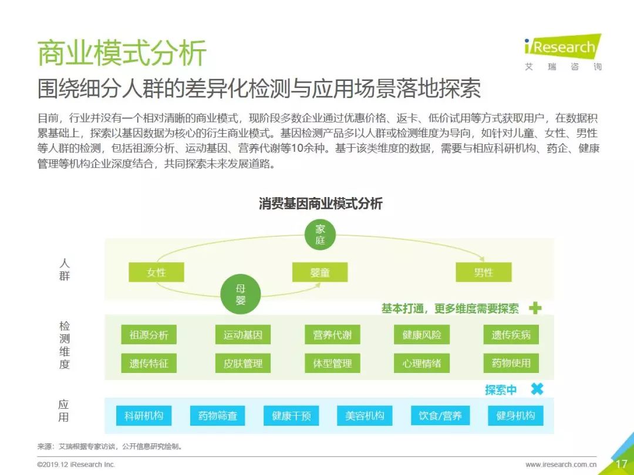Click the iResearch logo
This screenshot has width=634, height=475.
[562, 53]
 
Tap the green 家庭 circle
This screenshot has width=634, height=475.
[321, 235]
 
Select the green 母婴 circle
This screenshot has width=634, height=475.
[241, 294]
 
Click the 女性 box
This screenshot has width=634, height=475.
[156, 272]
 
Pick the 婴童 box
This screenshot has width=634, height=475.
[320, 272]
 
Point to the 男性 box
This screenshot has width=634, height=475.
[484, 272]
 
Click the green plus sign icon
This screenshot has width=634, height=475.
[535, 308]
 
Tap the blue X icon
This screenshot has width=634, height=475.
[537, 389]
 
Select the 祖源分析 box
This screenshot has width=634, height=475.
[149, 335]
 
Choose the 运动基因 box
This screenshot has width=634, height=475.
[242, 335]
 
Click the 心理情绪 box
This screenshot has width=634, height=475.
[421, 363]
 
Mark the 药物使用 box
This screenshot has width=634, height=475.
[511, 363]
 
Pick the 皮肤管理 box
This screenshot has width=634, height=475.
[242, 363]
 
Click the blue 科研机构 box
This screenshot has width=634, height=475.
[144, 416]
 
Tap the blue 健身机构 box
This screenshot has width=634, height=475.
[515, 416]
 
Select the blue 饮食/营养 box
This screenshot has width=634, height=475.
[440, 416]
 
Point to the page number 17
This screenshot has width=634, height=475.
[621, 464]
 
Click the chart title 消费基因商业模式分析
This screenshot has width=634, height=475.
[321, 203]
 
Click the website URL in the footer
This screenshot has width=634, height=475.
[561, 464]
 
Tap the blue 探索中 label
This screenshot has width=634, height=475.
[501, 390]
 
